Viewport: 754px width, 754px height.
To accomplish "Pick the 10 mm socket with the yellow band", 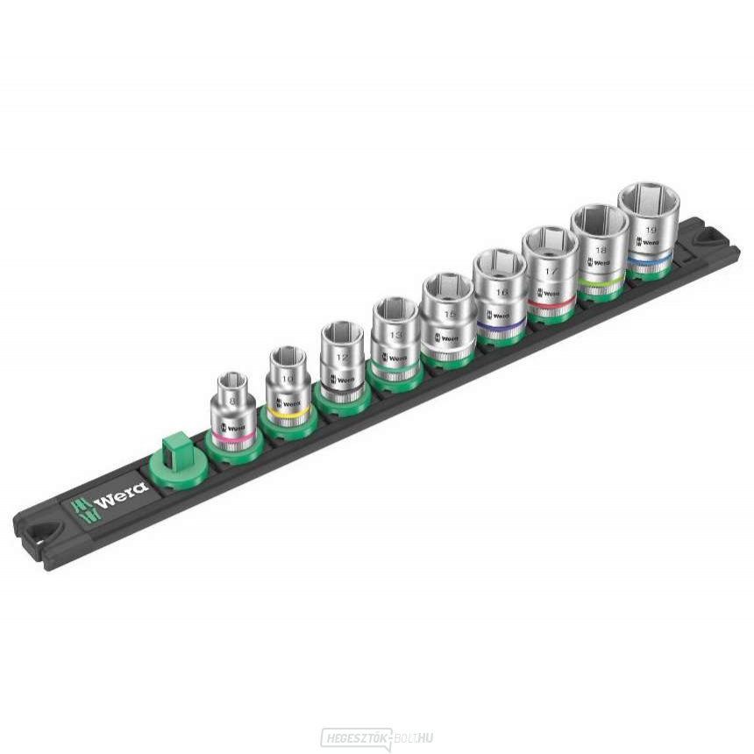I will click(287, 386).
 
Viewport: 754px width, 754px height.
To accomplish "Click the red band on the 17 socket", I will click(551, 302).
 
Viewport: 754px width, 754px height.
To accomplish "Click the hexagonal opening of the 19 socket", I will click(648, 201).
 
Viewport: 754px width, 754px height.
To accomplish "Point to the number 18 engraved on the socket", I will click(599, 251).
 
